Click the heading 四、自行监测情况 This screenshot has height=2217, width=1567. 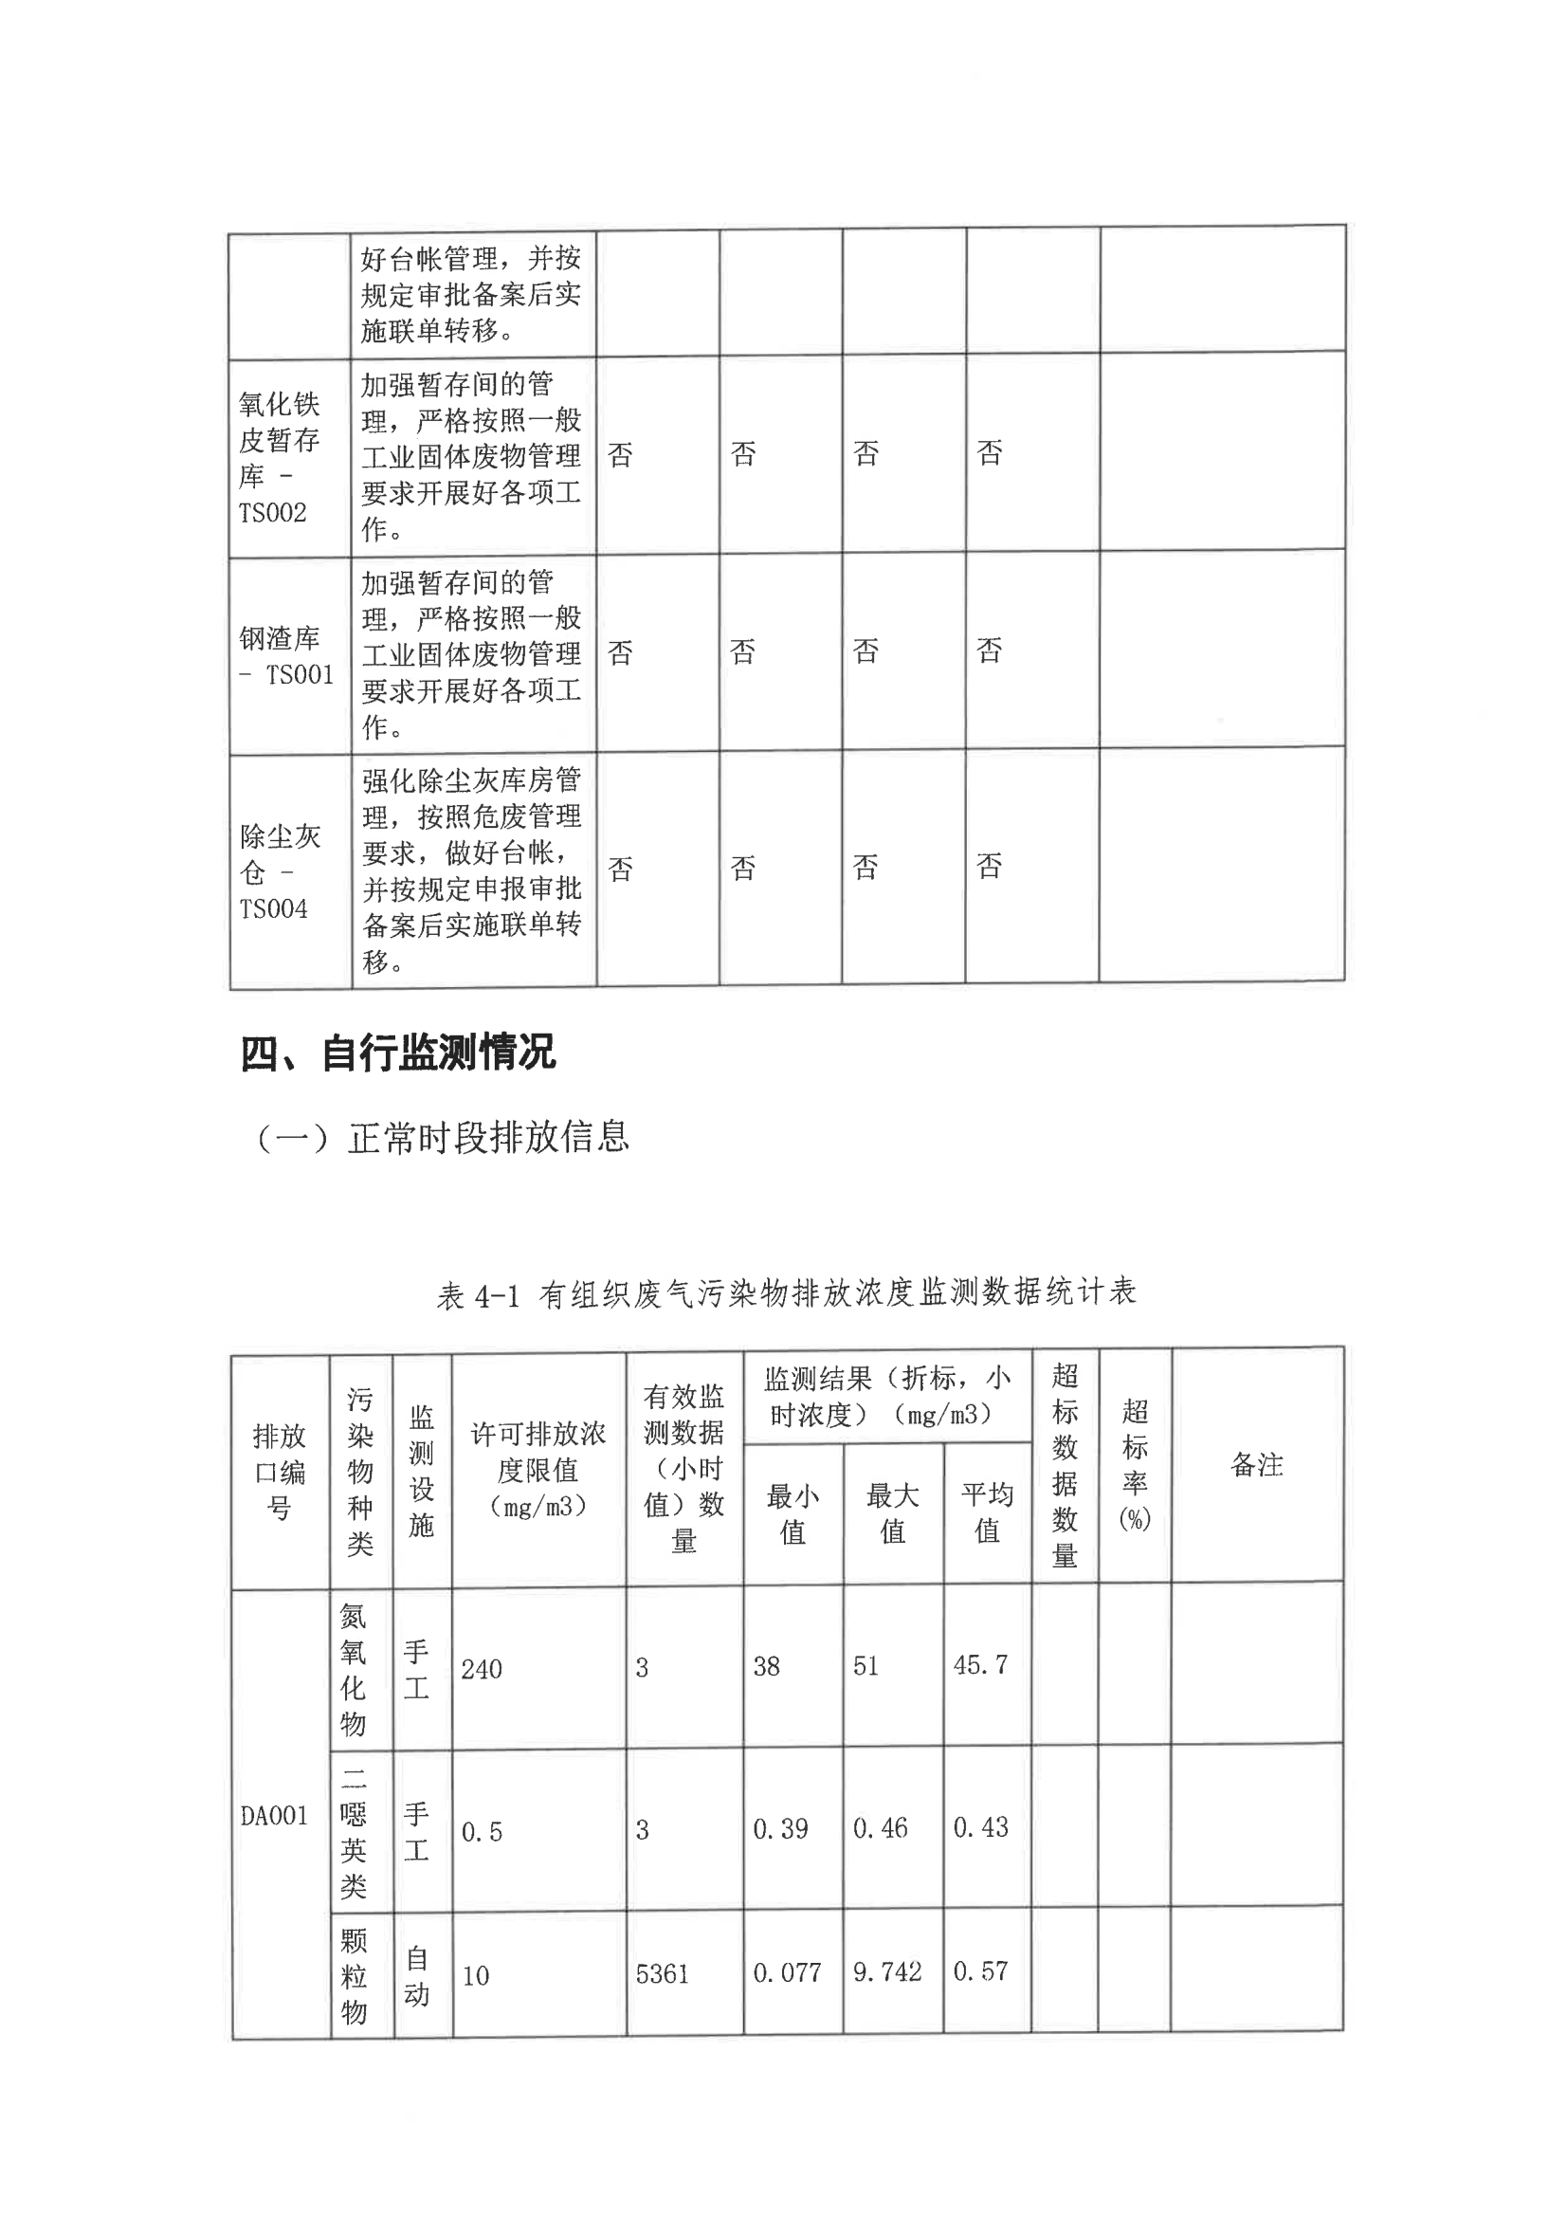click(397, 1053)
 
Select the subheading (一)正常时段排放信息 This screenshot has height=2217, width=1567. click(442, 1138)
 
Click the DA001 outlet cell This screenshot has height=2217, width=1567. click(274, 1816)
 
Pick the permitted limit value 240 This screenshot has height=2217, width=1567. click(481, 1669)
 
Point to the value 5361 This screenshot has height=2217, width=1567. click(663, 1973)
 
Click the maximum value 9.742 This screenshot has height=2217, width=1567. click(886, 1971)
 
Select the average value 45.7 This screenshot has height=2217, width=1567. click(980, 1665)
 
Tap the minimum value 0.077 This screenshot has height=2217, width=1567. click(786, 1972)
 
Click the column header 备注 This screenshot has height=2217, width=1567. click(1256, 1465)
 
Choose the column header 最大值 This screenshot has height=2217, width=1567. click(892, 1513)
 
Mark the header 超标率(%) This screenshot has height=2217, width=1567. click(1135, 1465)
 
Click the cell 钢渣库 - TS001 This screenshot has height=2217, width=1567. click(286, 655)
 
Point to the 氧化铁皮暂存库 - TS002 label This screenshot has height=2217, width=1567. click(279, 457)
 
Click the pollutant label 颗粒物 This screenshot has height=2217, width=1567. click(355, 1975)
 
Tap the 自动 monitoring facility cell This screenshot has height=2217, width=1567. click(417, 1975)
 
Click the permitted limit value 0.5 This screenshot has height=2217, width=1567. click(482, 1832)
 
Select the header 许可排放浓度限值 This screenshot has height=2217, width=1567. click(538, 1470)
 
